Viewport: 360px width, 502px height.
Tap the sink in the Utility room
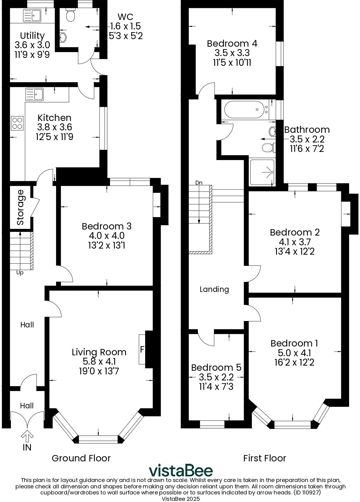coord(32,15)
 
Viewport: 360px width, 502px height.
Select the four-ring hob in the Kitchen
coord(18,123)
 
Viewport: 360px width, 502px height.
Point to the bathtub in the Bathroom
coord(244,110)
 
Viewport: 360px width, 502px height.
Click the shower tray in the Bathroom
coord(262,172)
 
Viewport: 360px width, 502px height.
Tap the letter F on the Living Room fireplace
coord(142,350)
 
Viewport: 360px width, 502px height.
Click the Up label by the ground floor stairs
coord(20,273)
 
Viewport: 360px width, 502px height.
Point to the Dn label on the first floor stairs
coord(199,182)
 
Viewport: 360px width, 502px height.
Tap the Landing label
coord(214,289)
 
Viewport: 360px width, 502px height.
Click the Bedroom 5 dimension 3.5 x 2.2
coord(216,377)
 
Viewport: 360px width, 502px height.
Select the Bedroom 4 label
coord(232,43)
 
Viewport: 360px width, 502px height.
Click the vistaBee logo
coord(181,470)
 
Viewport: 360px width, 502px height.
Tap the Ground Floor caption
coord(81,458)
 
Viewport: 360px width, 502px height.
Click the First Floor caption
coord(265,458)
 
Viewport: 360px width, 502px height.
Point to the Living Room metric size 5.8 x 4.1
coord(99,361)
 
